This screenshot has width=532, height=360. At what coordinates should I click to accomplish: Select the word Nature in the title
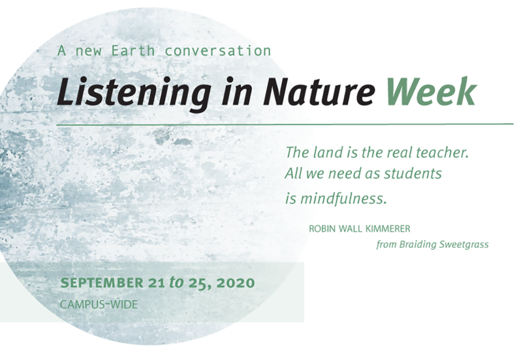[x=318, y=91]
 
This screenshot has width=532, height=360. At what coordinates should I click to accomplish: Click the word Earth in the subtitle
[x=133, y=50]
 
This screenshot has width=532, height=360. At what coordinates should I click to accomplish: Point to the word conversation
[x=218, y=50]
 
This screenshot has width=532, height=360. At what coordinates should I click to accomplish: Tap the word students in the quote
[x=413, y=174]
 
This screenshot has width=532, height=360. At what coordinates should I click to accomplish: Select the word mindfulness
[x=343, y=198]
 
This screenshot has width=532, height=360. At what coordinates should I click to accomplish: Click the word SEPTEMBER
[x=102, y=283]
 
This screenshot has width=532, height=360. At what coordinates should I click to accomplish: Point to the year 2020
[x=236, y=283]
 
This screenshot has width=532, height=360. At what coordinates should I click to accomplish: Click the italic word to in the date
[x=176, y=282]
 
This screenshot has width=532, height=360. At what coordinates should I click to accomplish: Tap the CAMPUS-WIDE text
[x=99, y=304]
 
